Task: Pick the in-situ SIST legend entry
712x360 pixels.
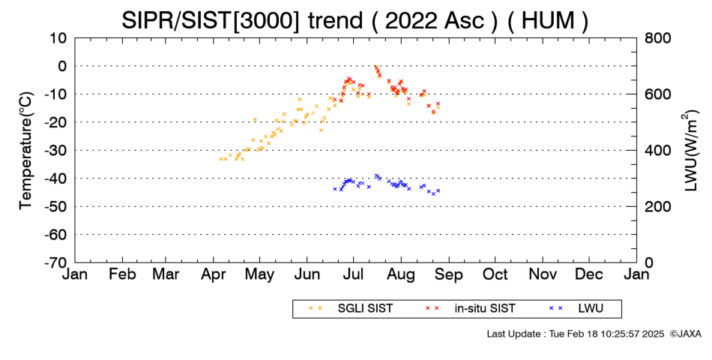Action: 469,309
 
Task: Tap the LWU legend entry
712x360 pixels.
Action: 576,309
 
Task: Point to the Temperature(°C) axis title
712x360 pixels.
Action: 26,151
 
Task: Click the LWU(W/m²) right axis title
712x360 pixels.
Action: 690,151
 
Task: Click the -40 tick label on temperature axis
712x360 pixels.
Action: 56,178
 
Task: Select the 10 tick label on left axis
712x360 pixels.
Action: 59,38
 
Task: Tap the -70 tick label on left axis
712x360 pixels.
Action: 56,262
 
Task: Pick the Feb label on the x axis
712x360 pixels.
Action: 122,274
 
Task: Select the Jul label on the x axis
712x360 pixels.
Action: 353,274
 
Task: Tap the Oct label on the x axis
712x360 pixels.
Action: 495,274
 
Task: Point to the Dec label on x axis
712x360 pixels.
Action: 589,274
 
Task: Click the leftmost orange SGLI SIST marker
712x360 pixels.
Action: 220,159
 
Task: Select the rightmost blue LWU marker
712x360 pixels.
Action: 438,190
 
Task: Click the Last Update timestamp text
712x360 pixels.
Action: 576,334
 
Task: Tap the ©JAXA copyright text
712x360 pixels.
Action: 686,334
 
